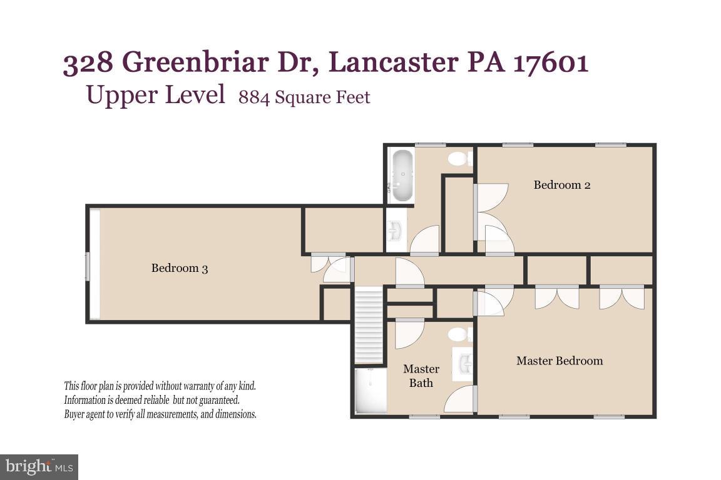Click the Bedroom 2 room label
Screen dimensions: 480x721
point(561,185)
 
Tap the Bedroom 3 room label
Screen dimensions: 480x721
point(180,268)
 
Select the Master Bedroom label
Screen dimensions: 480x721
point(560,361)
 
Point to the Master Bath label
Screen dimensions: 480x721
point(421,376)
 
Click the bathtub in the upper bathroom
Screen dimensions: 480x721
point(402,175)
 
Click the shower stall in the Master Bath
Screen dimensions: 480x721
point(370,391)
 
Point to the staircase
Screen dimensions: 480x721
point(368,325)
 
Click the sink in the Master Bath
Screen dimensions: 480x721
point(464,364)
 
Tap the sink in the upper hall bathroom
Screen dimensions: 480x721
point(396,231)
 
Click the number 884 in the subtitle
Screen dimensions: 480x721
point(254,98)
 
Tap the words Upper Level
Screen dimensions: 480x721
point(155,95)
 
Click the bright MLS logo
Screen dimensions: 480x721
point(39,466)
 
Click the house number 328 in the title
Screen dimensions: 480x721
point(88,62)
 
